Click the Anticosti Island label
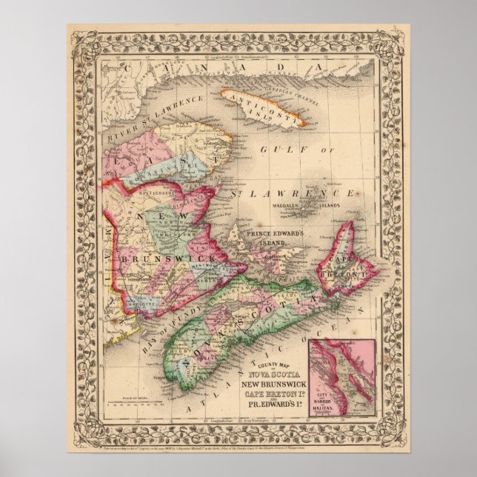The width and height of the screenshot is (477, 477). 260,109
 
